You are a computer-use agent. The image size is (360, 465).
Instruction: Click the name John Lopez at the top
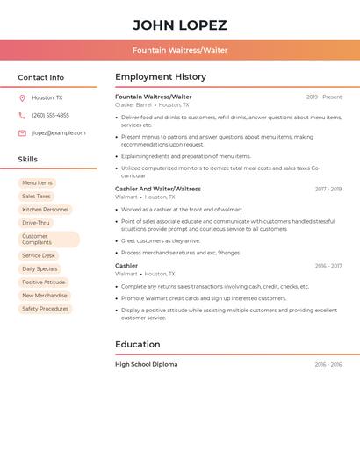[180, 25]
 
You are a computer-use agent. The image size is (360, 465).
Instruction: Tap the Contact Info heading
[40, 77]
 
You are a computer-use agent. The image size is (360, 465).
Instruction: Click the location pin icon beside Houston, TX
[22, 97]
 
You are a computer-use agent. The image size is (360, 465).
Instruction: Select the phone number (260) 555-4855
[50, 115]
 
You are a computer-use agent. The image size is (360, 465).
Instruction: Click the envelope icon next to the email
[22, 132]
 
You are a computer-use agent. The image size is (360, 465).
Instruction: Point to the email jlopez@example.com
[59, 132]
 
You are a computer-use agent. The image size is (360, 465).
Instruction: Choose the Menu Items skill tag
[37, 183]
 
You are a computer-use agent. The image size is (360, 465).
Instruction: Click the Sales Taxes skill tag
[36, 197]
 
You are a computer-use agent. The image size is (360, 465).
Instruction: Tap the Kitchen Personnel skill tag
[45, 210]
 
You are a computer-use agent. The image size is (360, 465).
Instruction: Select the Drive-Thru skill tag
[36, 223]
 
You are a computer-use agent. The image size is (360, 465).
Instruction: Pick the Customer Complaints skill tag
[48, 239]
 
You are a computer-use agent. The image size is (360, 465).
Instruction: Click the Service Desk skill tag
[39, 255]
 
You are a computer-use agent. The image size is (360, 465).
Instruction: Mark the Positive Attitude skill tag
[44, 283]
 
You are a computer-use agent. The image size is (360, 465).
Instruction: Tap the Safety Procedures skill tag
[45, 309]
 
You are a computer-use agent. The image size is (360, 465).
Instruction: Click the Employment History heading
[161, 77]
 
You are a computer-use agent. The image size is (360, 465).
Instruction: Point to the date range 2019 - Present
[324, 97]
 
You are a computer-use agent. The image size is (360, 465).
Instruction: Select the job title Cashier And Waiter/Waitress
[158, 189]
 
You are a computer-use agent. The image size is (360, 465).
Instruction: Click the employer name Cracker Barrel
[133, 104]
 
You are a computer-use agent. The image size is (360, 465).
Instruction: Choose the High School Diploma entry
[147, 364]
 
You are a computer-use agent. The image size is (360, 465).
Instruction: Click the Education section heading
[138, 345]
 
